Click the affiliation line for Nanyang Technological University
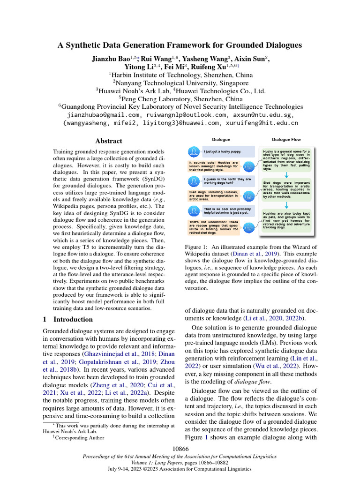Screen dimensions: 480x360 pyautogui.click(x=180, y=82)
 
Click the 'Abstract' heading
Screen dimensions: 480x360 pyautogui.click(x=109, y=141)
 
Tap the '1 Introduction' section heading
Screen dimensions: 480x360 pyautogui.click(x=68, y=319)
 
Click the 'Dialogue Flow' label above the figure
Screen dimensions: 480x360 pyautogui.click(x=286, y=140)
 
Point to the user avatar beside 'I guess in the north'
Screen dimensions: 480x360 pyautogui.click(x=194, y=182)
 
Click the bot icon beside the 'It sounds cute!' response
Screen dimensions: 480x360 pyautogui.click(x=249, y=167)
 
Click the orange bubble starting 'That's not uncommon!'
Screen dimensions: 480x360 pyautogui.click(x=214, y=227)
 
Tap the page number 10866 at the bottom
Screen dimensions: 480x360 pyautogui.click(x=180, y=449)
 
